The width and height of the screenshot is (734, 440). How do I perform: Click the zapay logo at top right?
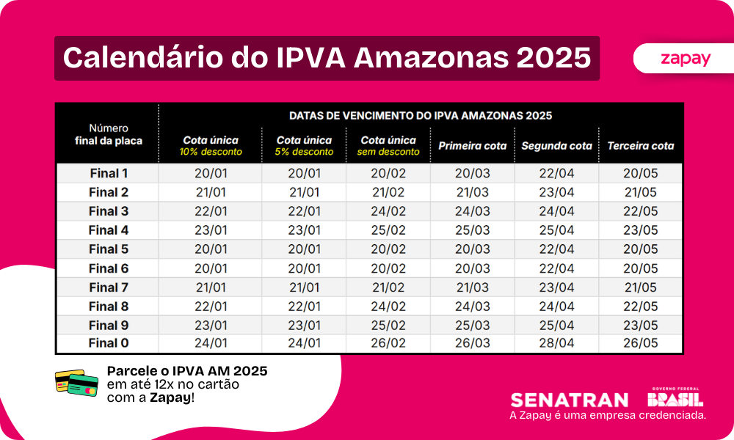pyautogui.click(x=685, y=59)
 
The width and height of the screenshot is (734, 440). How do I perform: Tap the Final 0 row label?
pyautogui.click(x=109, y=342)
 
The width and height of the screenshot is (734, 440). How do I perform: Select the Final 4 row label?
pyautogui.click(x=109, y=230)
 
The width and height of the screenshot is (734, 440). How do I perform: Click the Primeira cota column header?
pyautogui.click(x=472, y=146)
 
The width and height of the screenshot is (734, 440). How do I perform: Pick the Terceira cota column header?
pyautogui.click(x=640, y=146)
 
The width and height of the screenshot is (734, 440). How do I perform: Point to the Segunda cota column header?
pyautogui.click(x=556, y=146)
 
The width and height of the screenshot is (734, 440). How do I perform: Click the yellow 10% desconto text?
pyautogui.click(x=210, y=153)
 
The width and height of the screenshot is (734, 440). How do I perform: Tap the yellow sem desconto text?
pyautogui.click(x=388, y=153)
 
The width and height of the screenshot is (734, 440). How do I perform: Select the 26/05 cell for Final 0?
pyautogui.click(x=640, y=342)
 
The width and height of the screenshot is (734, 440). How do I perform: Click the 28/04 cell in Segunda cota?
pyautogui.click(x=556, y=342)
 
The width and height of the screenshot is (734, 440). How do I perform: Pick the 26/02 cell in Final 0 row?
pyautogui.click(x=388, y=342)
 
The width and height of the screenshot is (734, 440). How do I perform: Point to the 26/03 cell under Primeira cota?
pyautogui.click(x=472, y=342)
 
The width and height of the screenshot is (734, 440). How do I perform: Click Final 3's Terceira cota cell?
pyautogui.click(x=640, y=211)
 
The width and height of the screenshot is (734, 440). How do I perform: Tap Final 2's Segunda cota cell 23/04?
pyautogui.click(x=556, y=192)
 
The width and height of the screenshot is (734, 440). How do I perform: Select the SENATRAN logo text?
pyautogui.click(x=570, y=400)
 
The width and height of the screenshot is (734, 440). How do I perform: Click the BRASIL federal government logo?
pyautogui.click(x=675, y=398)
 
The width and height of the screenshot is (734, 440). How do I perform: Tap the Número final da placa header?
pyautogui.click(x=109, y=134)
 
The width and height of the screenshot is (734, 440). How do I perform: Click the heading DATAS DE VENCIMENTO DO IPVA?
pyautogui.click(x=421, y=116)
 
